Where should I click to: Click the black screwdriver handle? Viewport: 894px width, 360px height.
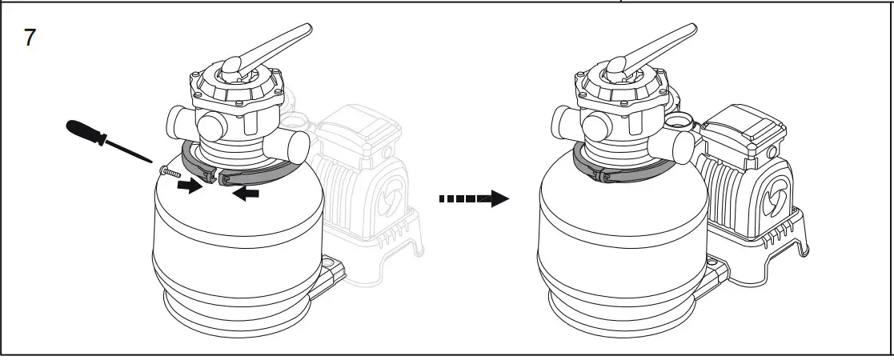(87, 131)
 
